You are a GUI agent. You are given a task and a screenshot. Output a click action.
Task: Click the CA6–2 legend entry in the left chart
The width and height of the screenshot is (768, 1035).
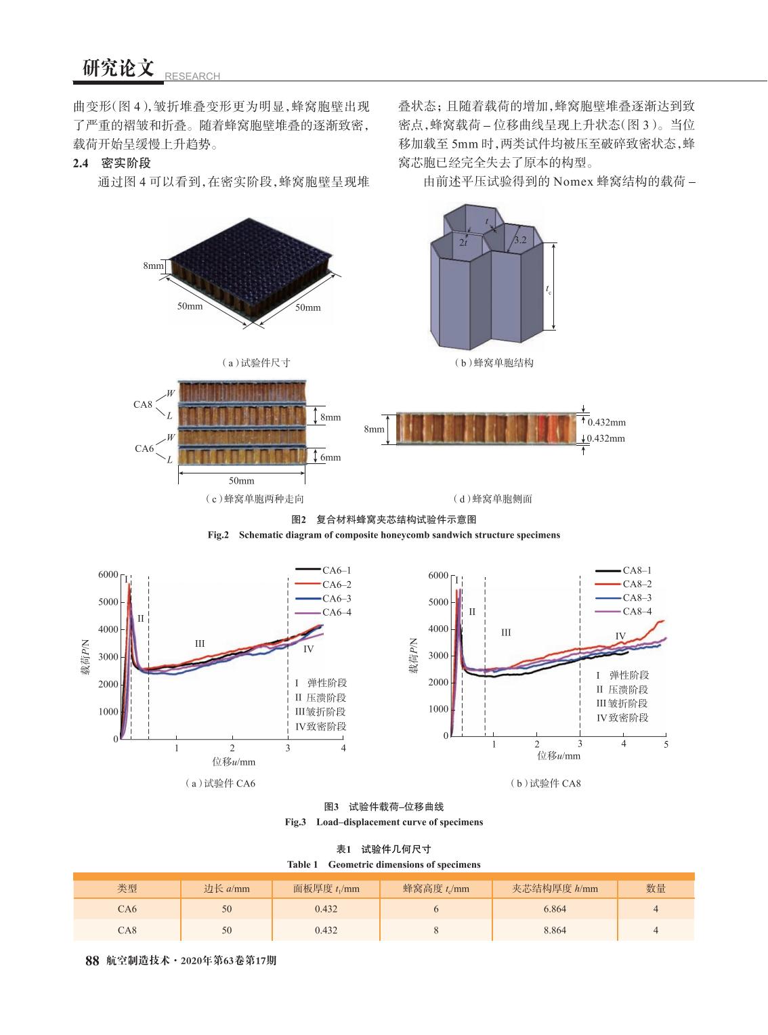(323, 585)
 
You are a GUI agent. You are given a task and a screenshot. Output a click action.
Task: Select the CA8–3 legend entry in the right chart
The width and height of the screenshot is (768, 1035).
(623, 597)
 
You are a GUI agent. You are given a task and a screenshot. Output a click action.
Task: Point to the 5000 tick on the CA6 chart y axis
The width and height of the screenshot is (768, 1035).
(108, 602)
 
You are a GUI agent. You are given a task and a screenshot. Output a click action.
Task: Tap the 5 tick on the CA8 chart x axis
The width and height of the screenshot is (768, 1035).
(666, 744)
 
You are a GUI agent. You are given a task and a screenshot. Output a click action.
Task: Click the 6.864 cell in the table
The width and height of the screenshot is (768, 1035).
(555, 909)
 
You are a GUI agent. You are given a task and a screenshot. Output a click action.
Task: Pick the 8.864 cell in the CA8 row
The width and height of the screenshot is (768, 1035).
(555, 930)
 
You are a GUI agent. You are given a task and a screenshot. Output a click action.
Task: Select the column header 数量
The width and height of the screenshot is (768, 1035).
(656, 889)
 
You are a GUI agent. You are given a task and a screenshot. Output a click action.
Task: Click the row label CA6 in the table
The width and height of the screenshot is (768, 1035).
(127, 909)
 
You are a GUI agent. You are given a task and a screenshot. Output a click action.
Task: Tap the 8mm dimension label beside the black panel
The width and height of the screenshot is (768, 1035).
(153, 266)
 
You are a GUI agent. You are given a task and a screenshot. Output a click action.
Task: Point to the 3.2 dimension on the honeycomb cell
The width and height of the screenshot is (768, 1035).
(520, 240)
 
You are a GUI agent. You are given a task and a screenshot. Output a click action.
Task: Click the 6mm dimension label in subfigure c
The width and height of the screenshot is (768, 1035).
(330, 457)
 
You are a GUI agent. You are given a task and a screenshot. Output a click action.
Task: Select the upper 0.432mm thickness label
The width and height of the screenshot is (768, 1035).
(607, 422)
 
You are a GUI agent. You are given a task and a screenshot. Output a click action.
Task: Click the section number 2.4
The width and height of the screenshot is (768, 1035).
(80, 163)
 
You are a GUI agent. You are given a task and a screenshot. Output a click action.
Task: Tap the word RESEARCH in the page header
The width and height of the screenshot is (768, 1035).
(192, 76)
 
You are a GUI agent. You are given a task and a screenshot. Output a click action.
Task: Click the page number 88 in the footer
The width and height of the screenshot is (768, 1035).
(92, 960)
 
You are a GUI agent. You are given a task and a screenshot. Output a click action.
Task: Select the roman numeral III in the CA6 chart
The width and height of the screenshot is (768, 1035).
(200, 644)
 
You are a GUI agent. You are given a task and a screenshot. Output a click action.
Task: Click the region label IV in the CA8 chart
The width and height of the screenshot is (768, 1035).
(620, 636)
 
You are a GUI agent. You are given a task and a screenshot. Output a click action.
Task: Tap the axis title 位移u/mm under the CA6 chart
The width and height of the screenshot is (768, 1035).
(234, 761)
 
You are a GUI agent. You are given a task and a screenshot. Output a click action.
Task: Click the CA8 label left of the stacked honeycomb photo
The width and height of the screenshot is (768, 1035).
(143, 404)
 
